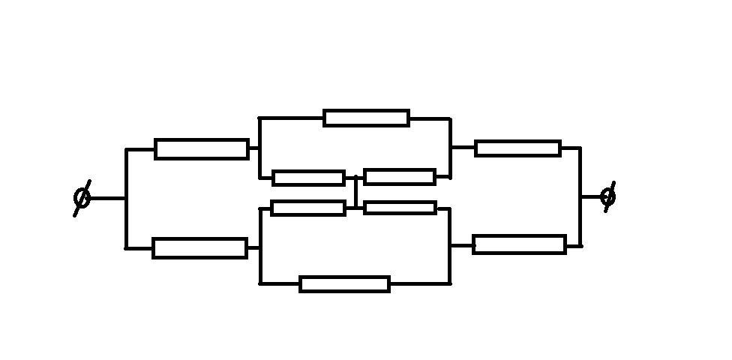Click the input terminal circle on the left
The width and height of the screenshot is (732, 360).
click(82, 198)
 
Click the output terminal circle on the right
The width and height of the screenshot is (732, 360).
click(608, 196)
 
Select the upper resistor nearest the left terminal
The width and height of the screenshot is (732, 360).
click(201, 148)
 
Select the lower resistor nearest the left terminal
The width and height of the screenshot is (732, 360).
click(199, 247)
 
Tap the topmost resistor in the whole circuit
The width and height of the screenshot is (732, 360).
click(366, 118)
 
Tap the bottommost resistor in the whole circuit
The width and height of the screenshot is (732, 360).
click(344, 283)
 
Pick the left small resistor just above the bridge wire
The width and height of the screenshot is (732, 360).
click(308, 178)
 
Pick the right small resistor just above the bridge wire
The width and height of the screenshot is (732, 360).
click(400, 177)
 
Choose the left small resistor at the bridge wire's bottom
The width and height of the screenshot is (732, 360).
click(308, 208)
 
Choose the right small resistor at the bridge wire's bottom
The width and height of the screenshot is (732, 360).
click(400, 208)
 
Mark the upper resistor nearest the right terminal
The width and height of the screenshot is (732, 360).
click(517, 148)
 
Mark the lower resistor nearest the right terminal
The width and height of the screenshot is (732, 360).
click(519, 244)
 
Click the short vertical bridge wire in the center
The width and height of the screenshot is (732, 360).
click(355, 193)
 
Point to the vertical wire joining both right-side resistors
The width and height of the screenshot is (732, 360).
click(580, 217)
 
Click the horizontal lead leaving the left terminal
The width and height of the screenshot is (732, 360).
click(107, 198)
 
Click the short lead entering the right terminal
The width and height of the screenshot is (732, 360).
click(591, 196)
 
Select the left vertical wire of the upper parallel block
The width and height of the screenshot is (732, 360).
click(259, 148)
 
